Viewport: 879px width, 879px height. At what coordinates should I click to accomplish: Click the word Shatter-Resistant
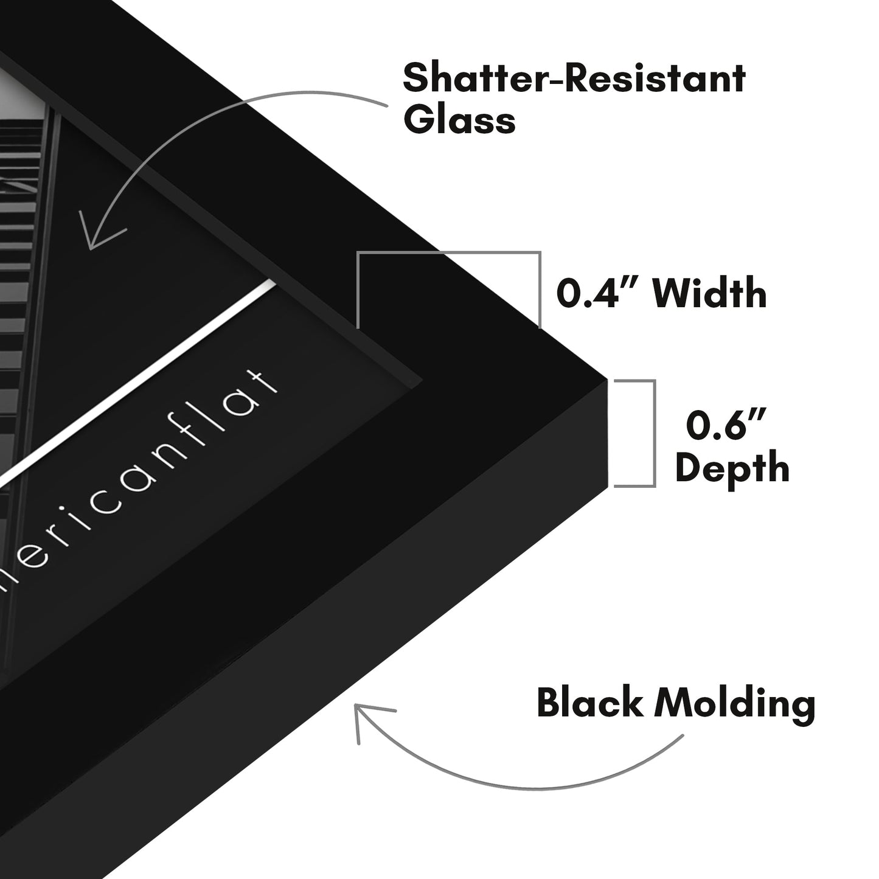coord(574,79)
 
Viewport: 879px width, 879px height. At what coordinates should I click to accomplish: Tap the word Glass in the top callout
coord(459,120)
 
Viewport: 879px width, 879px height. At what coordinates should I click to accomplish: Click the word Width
coord(709,294)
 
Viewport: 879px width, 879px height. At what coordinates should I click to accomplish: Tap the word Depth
coord(732,468)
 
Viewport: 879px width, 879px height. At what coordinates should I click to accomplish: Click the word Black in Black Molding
coord(589,704)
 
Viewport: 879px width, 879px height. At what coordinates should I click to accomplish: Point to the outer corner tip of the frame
coord(606,381)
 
